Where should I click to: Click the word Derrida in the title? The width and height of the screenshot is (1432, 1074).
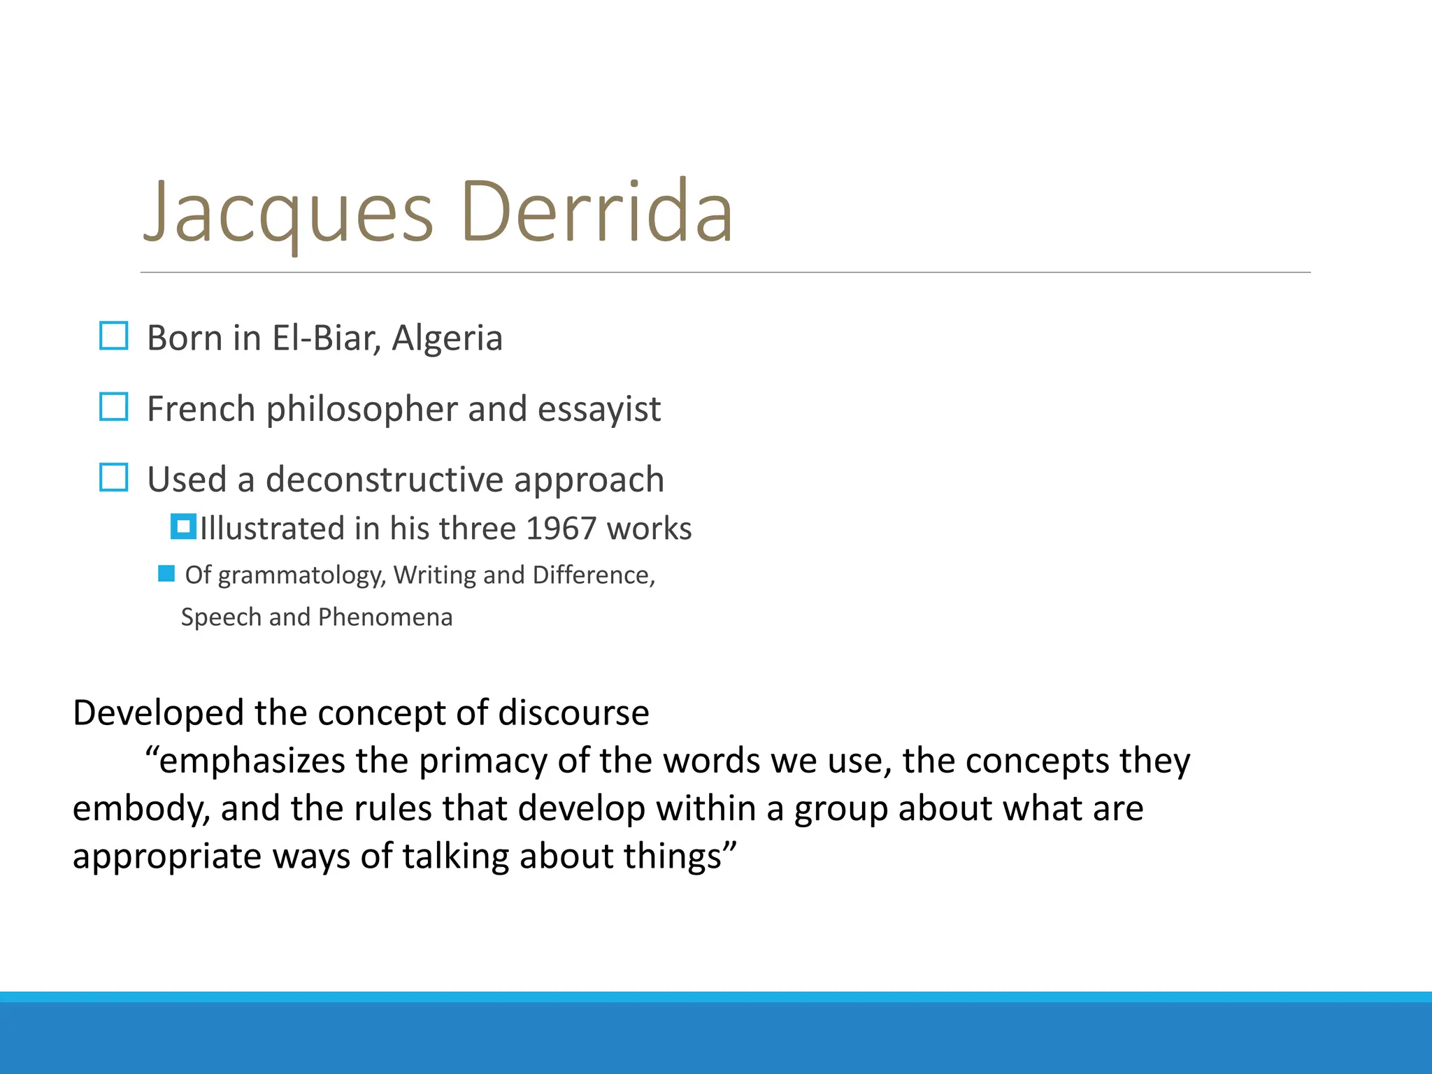pos(596,211)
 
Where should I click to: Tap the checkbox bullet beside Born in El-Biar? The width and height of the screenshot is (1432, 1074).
pos(114,336)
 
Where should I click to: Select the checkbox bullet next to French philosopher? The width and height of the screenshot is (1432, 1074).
pos(114,407)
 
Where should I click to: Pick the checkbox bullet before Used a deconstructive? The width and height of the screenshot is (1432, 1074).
pos(114,478)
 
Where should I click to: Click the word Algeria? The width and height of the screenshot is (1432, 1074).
pos(447,338)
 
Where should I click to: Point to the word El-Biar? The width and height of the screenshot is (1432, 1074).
pos(327,338)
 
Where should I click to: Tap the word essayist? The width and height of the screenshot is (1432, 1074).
pos(599,409)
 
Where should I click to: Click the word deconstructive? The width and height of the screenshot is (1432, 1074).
pos(385,480)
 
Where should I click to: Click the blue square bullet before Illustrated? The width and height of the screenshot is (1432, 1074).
pos(183,527)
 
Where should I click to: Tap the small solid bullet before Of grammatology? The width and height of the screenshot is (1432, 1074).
pos(166,574)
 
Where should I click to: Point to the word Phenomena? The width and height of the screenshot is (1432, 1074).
pos(385,617)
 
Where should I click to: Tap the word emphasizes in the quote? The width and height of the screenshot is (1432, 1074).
pos(252,761)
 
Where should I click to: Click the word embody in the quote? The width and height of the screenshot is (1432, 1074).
pos(141,809)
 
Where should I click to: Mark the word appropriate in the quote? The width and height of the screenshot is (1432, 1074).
pos(167,857)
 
